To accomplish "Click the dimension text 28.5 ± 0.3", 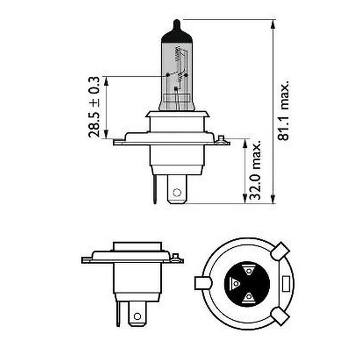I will [94, 107].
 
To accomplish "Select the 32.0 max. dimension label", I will [255, 171].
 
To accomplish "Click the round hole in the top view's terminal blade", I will [176, 192].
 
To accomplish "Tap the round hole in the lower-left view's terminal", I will [136, 316].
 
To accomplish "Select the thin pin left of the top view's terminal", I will [155, 189].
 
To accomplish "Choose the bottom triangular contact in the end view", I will [248, 297].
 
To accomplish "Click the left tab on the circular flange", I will [201, 283].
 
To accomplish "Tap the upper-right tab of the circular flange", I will [281, 251].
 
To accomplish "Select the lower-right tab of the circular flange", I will [280, 316].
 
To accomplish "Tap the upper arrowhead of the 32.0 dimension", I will [244, 144].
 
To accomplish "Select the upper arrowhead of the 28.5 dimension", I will [106, 81].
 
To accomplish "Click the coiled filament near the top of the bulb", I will [177, 54].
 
